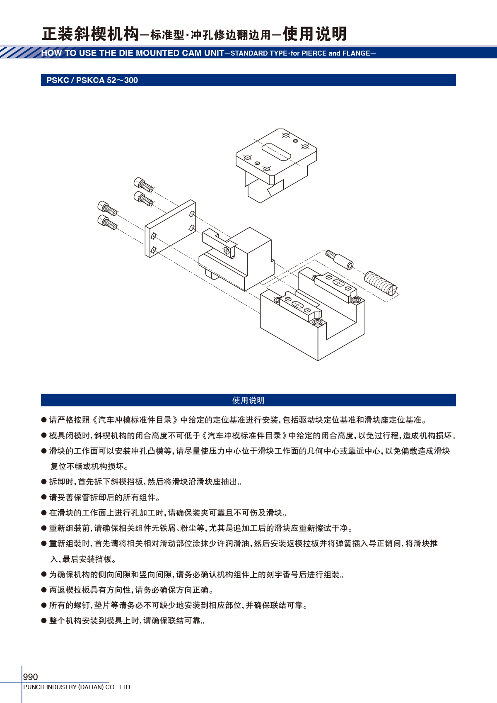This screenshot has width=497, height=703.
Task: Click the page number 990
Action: pos(30,677)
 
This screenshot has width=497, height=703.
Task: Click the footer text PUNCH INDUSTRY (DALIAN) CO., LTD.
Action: pos(77,687)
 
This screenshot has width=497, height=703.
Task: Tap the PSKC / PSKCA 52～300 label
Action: pos(92,80)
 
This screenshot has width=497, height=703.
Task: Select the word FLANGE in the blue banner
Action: pos(356,54)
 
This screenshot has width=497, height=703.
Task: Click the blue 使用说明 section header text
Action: pos(248,400)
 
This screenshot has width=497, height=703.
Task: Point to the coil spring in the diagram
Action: pos(381,283)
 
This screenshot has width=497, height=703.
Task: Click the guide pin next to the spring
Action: pos(339,260)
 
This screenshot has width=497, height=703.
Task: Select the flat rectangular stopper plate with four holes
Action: pos(170,229)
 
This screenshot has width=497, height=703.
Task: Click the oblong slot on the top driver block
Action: pos(276,152)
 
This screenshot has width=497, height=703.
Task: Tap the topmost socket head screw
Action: pos(143,185)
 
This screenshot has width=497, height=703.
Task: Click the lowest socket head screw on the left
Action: pos(107,222)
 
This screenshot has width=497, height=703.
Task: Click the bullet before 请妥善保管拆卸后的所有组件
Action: pos(44,497)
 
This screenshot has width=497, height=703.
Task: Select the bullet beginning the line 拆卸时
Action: pos(44,482)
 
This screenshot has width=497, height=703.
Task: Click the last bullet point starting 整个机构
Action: pos(44,620)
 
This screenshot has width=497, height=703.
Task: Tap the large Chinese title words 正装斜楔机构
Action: pos(91,34)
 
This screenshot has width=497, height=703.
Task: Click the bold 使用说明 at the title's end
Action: pos(315,34)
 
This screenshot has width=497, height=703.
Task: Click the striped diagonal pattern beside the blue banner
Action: pos(20,52)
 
